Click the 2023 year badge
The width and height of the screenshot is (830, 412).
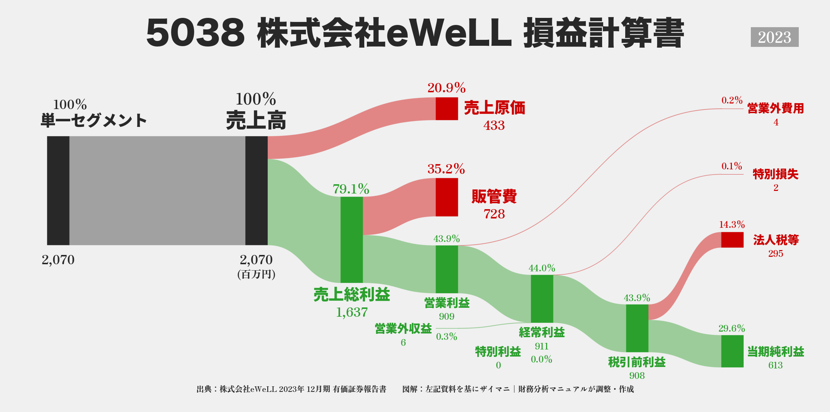[774, 37]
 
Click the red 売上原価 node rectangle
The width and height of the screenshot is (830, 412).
[447, 109]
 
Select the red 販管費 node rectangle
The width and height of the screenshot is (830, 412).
[447, 197]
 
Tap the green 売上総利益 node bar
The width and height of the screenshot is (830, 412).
[352, 240]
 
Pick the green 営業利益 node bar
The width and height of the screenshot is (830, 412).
[447, 269]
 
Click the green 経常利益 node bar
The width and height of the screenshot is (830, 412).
[542, 298]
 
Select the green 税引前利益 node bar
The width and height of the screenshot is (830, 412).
[637, 328]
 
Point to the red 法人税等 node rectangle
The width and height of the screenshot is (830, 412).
[732, 240]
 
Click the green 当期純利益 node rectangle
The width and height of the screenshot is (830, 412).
[732, 351]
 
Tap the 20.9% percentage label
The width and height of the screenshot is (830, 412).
[446, 88]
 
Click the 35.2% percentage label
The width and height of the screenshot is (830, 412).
[446, 169]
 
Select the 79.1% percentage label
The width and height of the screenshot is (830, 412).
[351, 189]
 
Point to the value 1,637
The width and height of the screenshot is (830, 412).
[352, 312]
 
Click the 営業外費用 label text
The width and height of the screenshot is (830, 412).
[776, 108]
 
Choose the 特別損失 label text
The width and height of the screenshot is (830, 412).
[776, 174]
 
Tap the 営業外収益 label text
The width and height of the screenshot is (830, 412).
[403, 329]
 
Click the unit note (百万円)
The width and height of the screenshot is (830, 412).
[256, 274]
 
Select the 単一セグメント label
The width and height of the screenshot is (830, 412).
[94, 121]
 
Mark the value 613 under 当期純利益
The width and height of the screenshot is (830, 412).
[775, 365]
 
